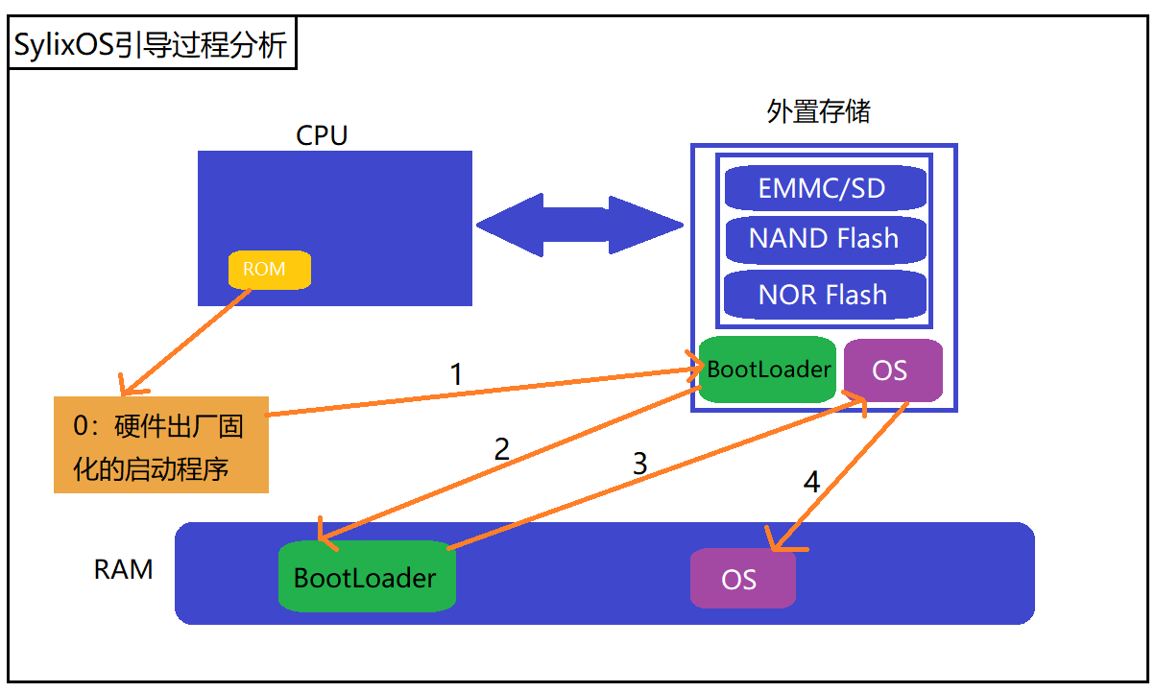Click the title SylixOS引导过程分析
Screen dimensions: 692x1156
tap(151, 44)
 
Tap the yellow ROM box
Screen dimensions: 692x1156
tap(269, 270)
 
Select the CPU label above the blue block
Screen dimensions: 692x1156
tap(322, 135)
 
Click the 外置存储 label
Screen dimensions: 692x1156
tap(818, 111)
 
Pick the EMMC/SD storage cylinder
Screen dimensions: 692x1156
tap(825, 187)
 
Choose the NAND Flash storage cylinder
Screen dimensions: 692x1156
tap(825, 239)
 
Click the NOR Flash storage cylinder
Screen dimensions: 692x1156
tap(825, 295)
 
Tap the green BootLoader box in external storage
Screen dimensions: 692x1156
tap(767, 370)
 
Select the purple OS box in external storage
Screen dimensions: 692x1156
tap(892, 370)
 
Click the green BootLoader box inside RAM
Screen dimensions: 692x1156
tap(366, 577)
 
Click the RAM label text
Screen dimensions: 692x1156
tap(123, 570)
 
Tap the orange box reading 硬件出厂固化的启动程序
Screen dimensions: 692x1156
tap(160, 444)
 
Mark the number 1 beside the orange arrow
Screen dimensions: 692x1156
tap(456, 374)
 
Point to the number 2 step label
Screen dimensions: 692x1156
tap(501, 449)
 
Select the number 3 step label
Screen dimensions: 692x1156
tap(639, 465)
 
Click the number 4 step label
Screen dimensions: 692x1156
tap(811, 482)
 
